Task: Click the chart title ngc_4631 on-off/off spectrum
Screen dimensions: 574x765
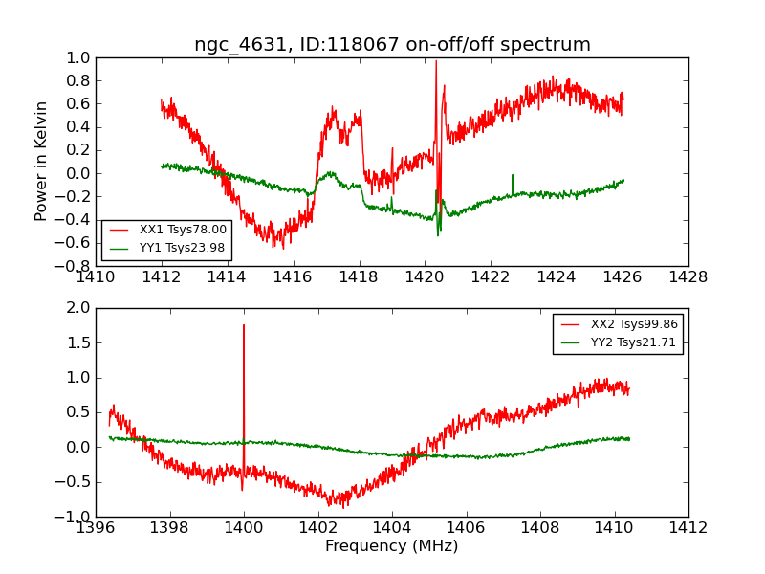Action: pos(392,45)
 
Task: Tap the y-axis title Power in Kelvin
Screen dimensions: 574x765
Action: pos(42,161)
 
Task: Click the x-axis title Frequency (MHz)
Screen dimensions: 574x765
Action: pos(391,546)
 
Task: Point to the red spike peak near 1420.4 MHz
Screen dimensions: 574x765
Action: pos(436,62)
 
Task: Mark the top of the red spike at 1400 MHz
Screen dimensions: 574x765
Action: pos(244,325)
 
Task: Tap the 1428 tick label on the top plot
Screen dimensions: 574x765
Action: pos(688,277)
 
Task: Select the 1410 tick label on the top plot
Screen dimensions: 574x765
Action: pos(96,277)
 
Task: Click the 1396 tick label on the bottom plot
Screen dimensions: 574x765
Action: pos(96,528)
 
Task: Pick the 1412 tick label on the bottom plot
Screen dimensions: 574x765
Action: pos(688,528)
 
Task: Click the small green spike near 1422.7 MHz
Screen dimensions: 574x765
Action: pos(513,176)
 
